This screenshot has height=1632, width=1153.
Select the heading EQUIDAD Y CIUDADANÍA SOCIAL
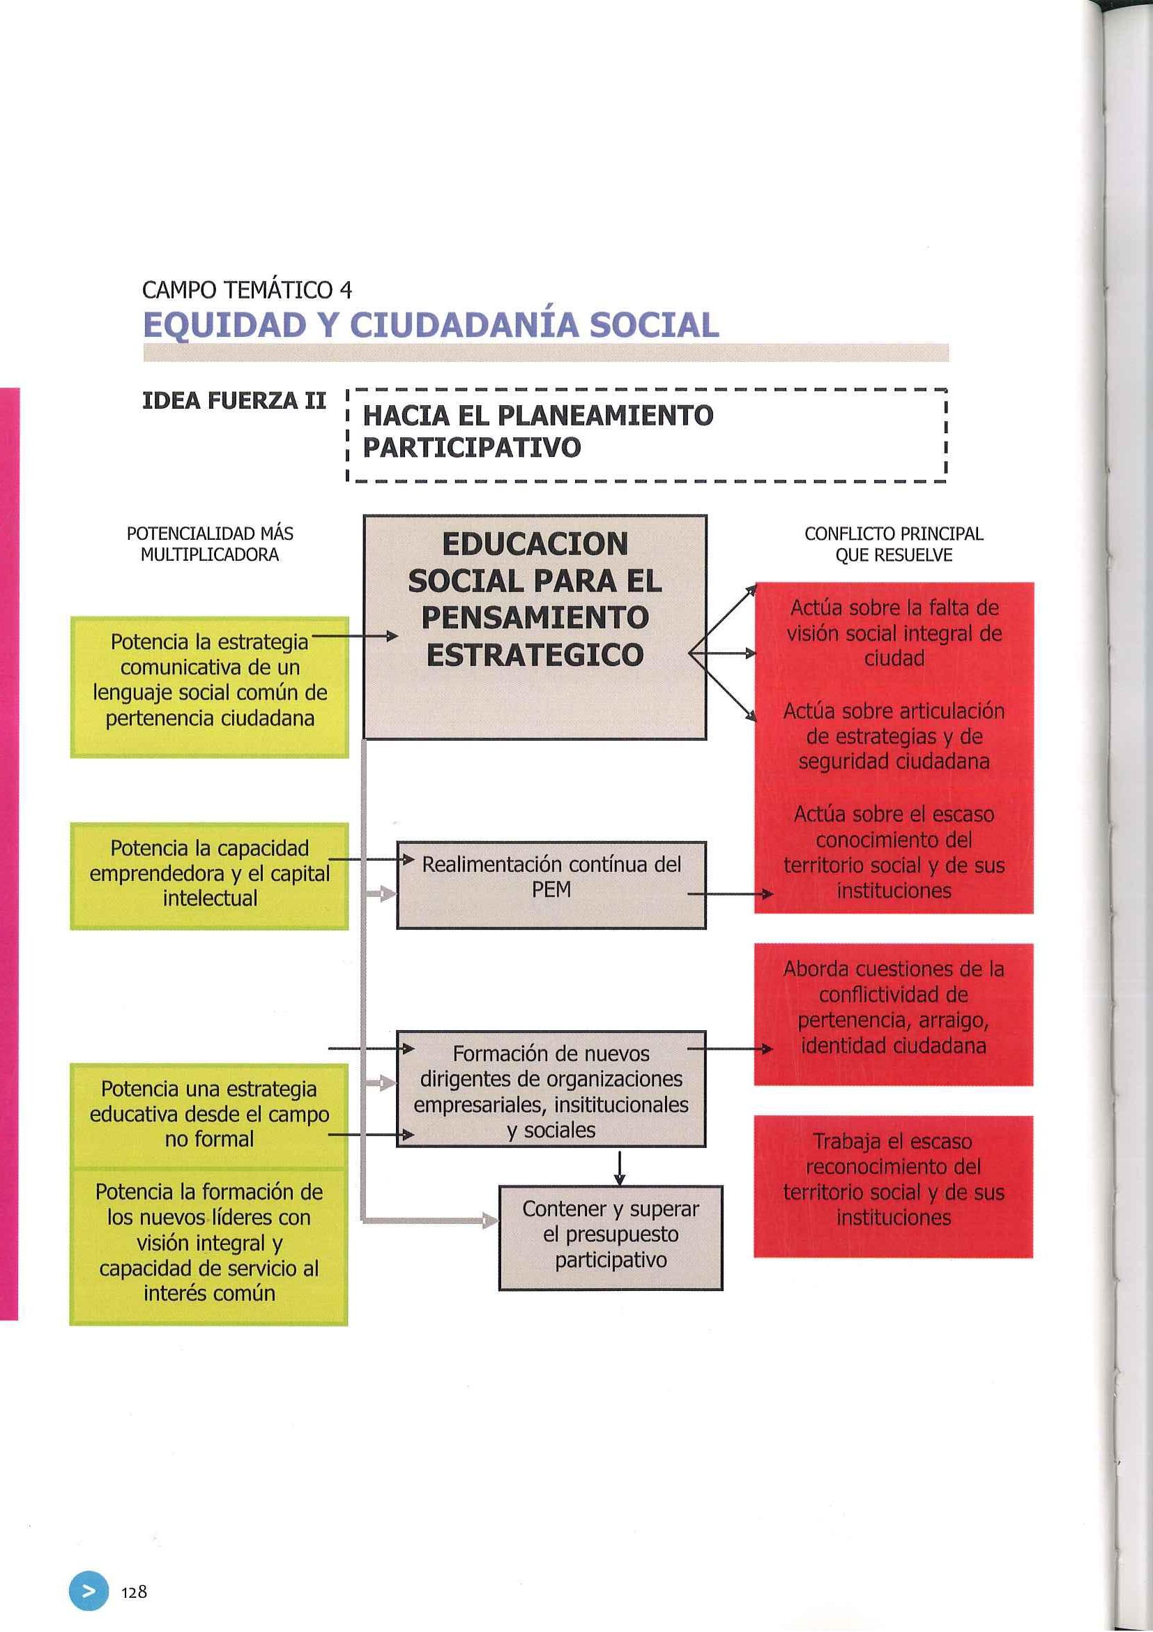pyautogui.click(x=431, y=326)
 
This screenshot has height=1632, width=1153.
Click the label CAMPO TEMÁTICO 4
pyautogui.click(x=247, y=290)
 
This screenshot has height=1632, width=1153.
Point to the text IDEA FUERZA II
pyautogui.click(x=234, y=402)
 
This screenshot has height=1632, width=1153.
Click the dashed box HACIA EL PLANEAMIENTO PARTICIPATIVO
pyautogui.click(x=646, y=435)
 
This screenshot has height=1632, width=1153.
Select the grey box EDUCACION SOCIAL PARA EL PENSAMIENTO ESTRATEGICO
pyautogui.click(x=534, y=627)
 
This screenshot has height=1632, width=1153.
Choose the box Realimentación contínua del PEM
pyautogui.click(x=551, y=884)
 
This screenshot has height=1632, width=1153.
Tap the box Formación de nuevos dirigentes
pyautogui.click(x=551, y=1088)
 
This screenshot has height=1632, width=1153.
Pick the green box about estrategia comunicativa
pyautogui.click(x=210, y=687)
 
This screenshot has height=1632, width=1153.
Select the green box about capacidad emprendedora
pyautogui.click(x=210, y=876)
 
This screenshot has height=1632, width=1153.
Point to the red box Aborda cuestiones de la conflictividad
pyautogui.click(x=893, y=1013)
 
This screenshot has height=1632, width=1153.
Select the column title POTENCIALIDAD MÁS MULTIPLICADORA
pyautogui.click(x=210, y=544)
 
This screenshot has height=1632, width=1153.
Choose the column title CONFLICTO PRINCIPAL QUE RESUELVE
pyautogui.click(x=894, y=544)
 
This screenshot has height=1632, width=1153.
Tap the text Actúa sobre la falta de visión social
pyautogui.click(x=894, y=633)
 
